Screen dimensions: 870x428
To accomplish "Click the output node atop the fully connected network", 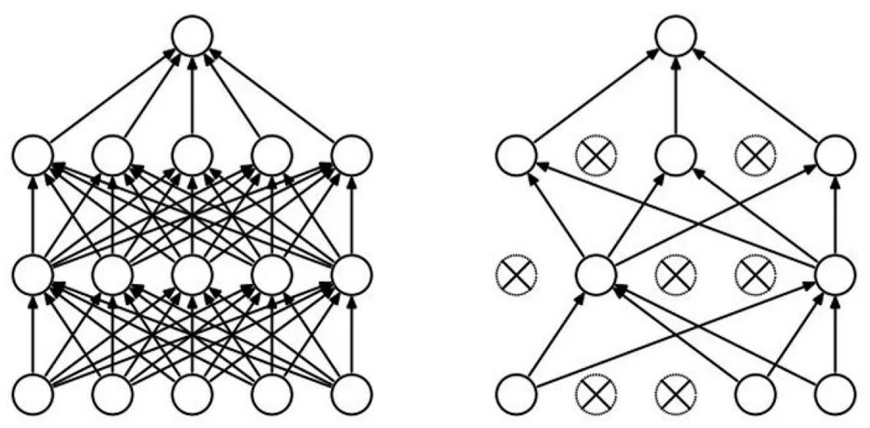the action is point(192,36).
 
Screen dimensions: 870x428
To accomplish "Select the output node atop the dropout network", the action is point(676,36).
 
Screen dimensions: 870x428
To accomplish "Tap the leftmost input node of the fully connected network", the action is point(33,393).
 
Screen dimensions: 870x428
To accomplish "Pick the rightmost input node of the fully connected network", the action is point(352,393).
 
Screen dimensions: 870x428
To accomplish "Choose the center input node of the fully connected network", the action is point(192,393).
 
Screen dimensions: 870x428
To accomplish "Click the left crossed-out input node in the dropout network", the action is point(596,393).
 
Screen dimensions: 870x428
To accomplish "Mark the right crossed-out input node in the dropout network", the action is point(676,393).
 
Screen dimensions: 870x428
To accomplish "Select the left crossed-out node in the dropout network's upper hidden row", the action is point(596,155).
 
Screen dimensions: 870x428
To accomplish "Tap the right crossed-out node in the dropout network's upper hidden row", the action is point(756,155).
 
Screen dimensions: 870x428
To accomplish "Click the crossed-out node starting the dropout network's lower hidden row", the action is point(516,274).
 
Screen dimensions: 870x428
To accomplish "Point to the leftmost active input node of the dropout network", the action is point(516,393).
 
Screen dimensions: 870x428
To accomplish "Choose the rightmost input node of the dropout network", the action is point(835,393).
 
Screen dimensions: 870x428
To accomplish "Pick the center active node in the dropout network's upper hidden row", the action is point(676,155).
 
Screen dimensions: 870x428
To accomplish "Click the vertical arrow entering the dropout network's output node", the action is point(676,95).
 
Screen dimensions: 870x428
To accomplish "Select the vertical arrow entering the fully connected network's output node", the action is point(192,95).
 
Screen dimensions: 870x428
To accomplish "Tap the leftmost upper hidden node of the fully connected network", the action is point(33,155).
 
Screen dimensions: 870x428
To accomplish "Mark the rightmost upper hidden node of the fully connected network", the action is point(352,155).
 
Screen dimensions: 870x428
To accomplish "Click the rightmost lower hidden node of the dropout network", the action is point(835,274).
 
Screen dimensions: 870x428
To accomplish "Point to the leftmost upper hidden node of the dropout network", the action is point(516,155).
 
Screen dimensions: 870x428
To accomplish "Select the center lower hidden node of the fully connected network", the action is point(192,274).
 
